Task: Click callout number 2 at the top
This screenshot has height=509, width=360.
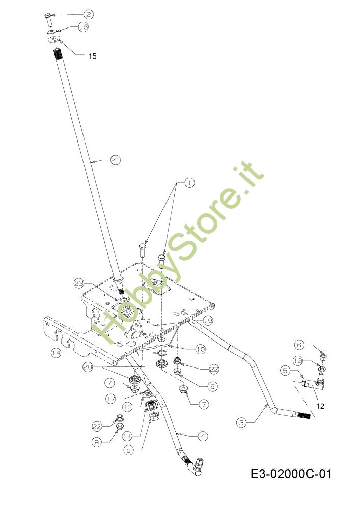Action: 89,14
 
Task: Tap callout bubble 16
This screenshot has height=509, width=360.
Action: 84,26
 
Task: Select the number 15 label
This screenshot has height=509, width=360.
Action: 93,56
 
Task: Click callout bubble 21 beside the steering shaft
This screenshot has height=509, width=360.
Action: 116,160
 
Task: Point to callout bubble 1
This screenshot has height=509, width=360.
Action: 189,183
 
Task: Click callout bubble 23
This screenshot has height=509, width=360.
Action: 79,283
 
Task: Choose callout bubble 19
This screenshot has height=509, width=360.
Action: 208,321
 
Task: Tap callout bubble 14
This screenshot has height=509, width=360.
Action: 56,353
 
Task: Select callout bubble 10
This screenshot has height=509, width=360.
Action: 200,349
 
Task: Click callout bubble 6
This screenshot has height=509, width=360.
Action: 299,345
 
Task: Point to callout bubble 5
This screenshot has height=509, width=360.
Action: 285,371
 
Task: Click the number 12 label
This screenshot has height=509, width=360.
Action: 320,406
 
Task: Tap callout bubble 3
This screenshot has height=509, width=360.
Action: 241,422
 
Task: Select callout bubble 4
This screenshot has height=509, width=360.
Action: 203,436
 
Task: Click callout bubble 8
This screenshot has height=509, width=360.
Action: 128,450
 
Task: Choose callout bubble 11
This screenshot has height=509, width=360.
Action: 127,437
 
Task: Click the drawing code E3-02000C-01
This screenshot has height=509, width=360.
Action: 291,474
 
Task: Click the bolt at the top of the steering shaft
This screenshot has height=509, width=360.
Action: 48,19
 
